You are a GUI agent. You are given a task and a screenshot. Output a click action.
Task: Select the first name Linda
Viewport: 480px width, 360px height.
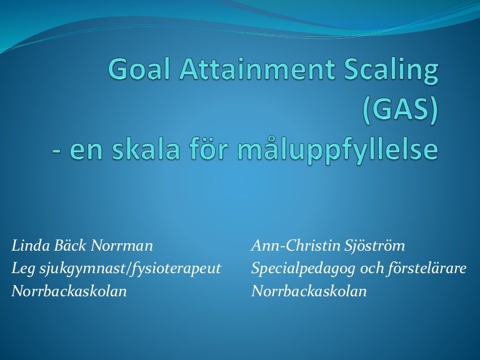point(29,246)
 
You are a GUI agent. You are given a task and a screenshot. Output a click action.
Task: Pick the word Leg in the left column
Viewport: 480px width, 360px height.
point(23,269)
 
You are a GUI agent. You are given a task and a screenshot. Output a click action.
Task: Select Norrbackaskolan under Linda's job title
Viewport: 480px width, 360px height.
point(69,291)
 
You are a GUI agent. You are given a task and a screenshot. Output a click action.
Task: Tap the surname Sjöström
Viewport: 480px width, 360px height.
point(369,246)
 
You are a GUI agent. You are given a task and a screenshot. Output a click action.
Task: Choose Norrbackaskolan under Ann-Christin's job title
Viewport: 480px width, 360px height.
point(309,291)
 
